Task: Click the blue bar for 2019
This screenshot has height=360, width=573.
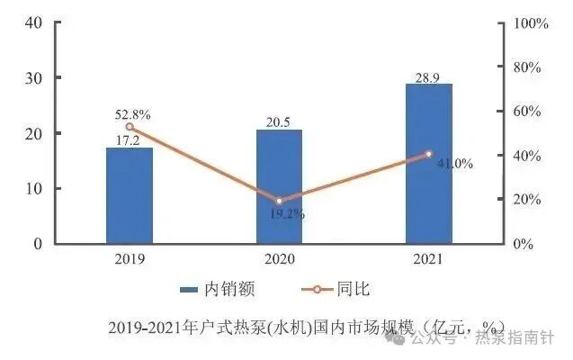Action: point(130,195)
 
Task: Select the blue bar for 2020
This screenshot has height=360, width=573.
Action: point(279,186)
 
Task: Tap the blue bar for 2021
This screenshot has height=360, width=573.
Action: point(428,163)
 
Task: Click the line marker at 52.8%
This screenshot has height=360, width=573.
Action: point(130,127)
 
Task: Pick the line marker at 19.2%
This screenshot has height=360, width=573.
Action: point(279,201)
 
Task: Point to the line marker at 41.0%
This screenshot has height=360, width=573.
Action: point(428,154)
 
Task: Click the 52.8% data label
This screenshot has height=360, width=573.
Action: point(132,114)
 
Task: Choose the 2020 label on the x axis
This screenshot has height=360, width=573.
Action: point(279,258)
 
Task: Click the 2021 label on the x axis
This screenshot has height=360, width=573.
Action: point(428,258)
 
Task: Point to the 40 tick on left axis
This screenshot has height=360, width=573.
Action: point(32,22)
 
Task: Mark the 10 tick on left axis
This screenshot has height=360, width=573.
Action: point(32,189)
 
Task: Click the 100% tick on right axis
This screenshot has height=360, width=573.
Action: point(531,22)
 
